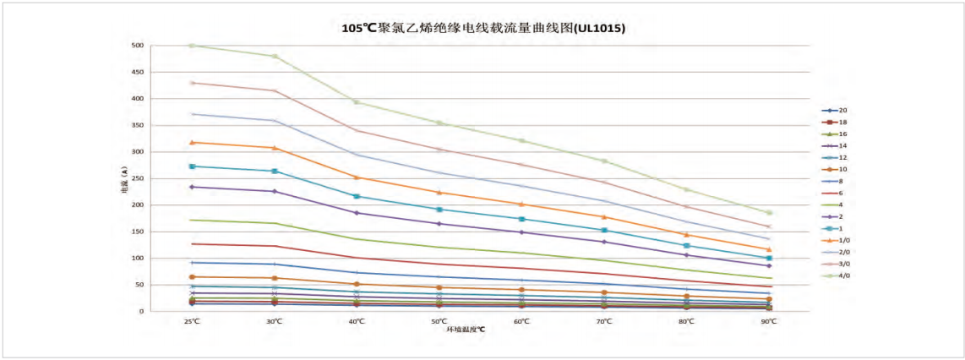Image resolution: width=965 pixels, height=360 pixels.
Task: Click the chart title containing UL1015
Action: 483,28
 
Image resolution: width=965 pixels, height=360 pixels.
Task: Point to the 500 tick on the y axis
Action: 139,46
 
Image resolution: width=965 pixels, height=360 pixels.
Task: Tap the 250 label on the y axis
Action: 139,178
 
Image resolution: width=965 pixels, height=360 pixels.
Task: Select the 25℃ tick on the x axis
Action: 192,321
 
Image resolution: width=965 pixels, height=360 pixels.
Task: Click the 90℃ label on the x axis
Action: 769,321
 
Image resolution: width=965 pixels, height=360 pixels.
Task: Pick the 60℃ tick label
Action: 521,321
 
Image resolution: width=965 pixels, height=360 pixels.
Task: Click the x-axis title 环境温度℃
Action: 466,330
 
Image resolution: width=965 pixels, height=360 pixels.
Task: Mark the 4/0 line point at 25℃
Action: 192,46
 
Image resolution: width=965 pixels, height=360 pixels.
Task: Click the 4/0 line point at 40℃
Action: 357,102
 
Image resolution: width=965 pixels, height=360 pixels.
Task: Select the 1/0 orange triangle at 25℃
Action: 192,142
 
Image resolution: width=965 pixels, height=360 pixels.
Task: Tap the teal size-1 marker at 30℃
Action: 275,171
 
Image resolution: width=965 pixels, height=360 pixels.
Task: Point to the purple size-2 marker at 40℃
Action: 357,213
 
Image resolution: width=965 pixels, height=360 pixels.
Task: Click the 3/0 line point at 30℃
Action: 275,90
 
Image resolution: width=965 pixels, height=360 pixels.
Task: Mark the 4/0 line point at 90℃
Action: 769,213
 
